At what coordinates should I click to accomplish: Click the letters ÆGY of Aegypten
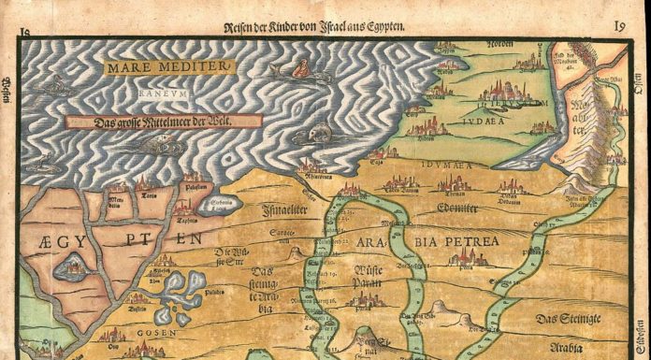(x=57, y=239)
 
